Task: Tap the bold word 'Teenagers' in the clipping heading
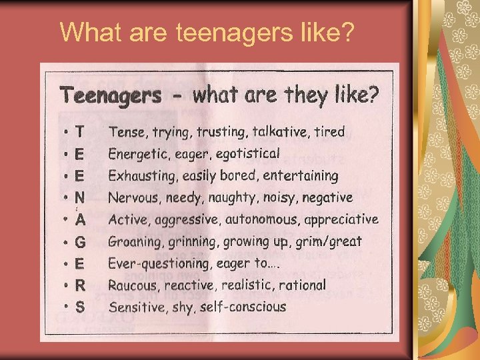tap(111, 95)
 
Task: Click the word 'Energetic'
tap(137, 154)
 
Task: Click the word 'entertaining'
tap(301, 176)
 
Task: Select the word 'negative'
tap(326, 197)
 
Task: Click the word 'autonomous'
tap(259, 219)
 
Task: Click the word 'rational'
tap(303, 285)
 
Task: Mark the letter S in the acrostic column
tap(80, 307)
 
